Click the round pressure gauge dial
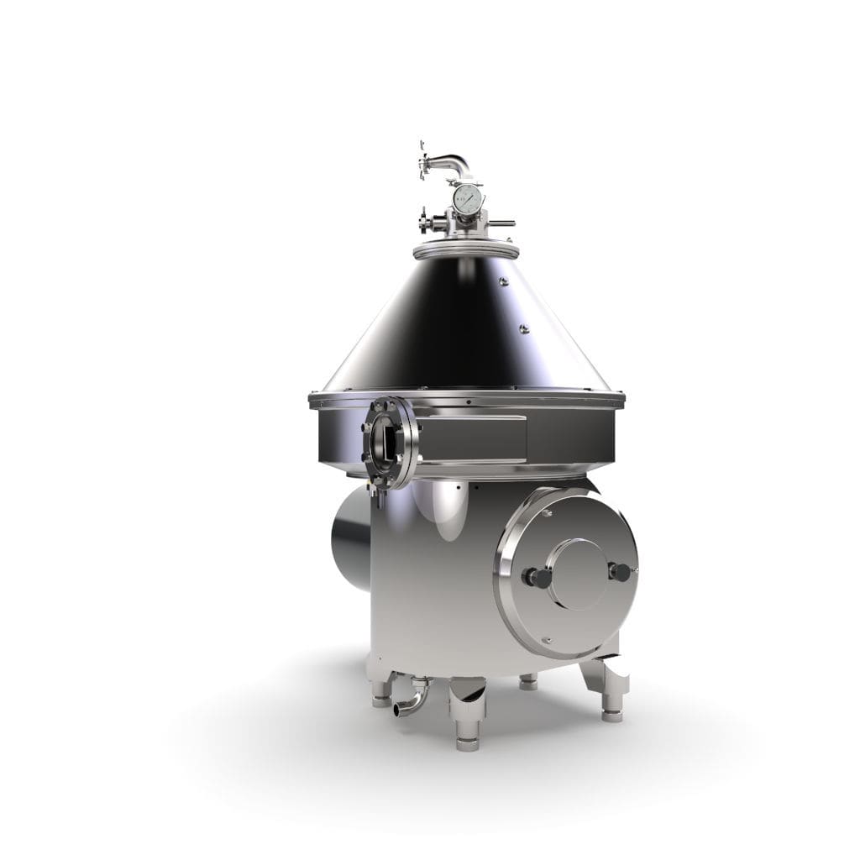pos(467,199)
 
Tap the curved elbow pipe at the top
pos(454,163)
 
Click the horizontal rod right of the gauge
pos(501,223)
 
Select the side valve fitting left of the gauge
pos(430,223)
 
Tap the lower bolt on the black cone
pos(523,328)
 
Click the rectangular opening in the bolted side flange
pos(388,441)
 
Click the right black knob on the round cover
pos(621,573)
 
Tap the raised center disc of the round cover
pos(579,574)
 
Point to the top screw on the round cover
pos(547,512)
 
